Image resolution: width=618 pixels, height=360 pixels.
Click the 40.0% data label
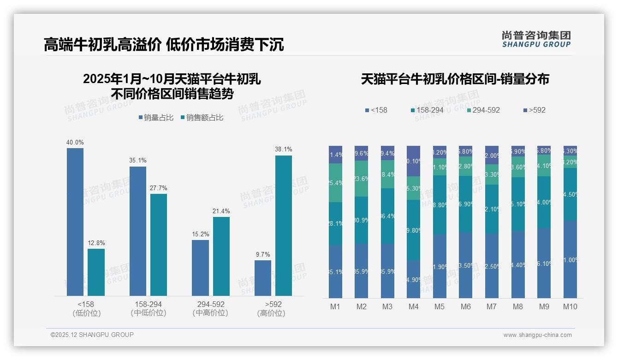pos(75,143)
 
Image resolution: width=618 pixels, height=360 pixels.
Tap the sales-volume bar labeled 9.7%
pos(263,278)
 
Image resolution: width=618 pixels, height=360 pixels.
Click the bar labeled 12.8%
pos(96,272)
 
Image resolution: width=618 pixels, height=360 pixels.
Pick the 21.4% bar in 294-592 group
pos(221,256)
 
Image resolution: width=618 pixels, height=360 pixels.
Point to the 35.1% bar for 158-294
pos(137,231)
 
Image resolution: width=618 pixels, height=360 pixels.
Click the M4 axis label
pos(413,306)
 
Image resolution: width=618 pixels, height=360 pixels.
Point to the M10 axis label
pos(570,306)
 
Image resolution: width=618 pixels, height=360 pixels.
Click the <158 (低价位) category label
pos(86,308)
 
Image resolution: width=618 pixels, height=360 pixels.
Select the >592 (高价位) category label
pos(273,308)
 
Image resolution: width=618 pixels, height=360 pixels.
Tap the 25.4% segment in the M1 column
pos(336,183)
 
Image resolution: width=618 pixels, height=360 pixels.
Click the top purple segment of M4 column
pos(414,161)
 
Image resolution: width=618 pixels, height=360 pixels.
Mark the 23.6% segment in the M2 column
pos(362,179)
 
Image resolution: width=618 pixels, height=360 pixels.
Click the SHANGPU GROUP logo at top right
pos(536,39)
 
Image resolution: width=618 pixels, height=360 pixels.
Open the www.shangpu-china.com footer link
pos(537,335)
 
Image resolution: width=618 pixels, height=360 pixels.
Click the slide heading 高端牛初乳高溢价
pos(102,45)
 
